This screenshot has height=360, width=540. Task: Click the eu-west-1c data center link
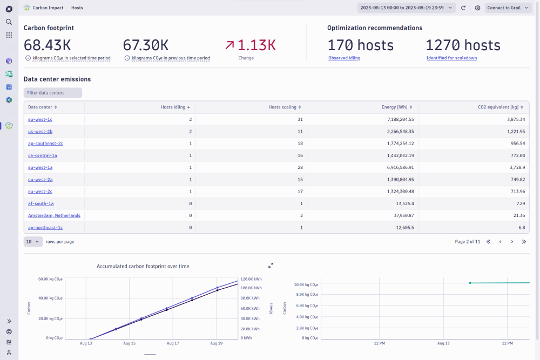40,119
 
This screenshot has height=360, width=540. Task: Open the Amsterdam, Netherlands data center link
54,215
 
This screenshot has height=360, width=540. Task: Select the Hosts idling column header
175,107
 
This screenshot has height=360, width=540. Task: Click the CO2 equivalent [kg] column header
501,107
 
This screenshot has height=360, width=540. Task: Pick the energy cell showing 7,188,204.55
401,119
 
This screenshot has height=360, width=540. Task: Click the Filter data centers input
53,93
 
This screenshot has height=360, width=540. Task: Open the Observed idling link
345,58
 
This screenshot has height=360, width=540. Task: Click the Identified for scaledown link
452,58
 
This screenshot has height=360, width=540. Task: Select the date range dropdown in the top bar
407,8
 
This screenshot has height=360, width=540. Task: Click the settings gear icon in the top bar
478,8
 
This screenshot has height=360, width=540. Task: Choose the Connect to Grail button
508,8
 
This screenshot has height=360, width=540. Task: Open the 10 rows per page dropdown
33,242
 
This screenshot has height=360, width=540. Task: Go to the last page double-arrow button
524,242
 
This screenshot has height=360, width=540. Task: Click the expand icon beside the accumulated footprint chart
271,266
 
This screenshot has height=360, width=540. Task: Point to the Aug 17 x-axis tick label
173,343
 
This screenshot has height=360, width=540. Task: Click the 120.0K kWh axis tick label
251,279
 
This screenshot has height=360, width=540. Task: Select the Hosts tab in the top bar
77,8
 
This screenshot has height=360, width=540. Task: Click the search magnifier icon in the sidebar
9,22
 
